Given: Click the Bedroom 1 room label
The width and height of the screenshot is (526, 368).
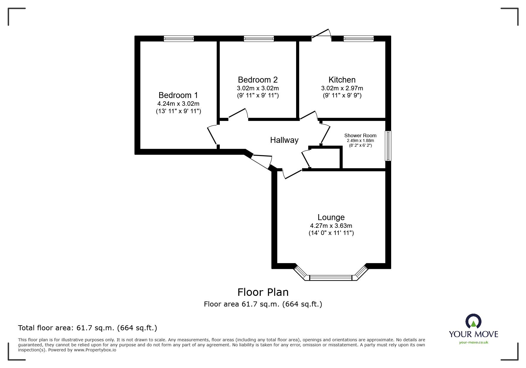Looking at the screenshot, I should tap(178, 95).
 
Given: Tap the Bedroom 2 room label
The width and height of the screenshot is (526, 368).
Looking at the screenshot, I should tap(258, 80).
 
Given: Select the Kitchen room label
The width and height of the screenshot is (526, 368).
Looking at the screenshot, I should tap(342, 80).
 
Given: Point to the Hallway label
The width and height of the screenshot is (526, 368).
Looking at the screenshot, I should tap(284, 140).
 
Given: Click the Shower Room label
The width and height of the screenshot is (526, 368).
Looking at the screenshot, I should tap(360, 135).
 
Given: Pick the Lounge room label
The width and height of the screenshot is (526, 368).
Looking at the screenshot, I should tap(331, 217).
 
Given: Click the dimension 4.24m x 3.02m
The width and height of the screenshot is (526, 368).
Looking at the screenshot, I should tap(178, 104).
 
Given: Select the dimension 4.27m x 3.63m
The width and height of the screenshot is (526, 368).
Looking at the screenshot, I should tap(331, 226).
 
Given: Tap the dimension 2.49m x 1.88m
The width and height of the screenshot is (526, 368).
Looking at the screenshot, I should tap(360, 140).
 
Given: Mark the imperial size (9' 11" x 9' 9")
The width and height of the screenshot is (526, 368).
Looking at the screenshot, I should tap(342, 95).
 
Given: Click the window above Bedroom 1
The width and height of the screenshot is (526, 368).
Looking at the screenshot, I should tap(179, 39).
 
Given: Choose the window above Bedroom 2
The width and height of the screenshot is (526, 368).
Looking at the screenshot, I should tap(259, 39).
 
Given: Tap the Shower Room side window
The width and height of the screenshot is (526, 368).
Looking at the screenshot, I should tap(388, 146).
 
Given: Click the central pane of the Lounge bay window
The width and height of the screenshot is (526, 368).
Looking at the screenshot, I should tap(331, 278).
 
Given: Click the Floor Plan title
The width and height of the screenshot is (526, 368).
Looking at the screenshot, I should tap(263, 292).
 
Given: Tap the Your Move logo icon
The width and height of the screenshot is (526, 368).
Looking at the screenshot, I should tap(473, 322).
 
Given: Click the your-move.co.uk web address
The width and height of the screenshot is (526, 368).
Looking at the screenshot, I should tap(473, 342).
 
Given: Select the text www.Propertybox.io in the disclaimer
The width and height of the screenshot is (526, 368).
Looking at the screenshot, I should tap(95, 350).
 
